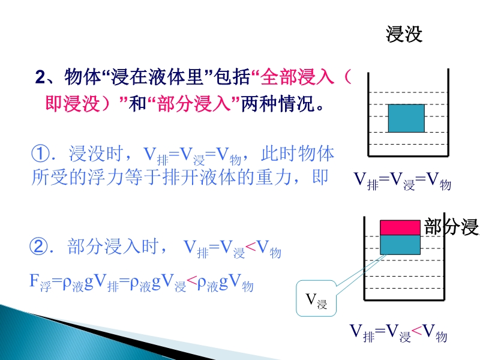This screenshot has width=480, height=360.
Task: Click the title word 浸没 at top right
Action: pos(404,34)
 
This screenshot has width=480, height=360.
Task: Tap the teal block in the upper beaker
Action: pos(406,118)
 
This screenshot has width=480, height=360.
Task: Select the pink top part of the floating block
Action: pos(400,227)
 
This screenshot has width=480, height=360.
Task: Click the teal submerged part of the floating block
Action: pos(400,245)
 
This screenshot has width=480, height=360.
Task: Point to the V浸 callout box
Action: pos(316,298)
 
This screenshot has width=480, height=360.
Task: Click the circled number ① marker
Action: pos(40,154)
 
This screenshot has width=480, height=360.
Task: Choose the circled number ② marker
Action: pos(38,246)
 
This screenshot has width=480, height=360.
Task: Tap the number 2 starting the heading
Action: pos(40,77)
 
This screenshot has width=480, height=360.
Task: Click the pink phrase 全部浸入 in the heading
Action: pos(297,77)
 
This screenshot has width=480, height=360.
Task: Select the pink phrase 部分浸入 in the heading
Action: pos(193,103)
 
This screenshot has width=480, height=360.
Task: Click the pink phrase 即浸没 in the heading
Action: pos(72,103)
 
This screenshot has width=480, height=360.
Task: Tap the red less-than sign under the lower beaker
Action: pos(416,330)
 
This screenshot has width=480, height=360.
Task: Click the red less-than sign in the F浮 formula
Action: pos(191,280)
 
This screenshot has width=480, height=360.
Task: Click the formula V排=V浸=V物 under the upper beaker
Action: pos(402,181)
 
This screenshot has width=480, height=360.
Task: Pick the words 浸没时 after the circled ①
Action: pos(95,154)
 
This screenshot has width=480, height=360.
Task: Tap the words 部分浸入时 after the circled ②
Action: pos(113,246)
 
